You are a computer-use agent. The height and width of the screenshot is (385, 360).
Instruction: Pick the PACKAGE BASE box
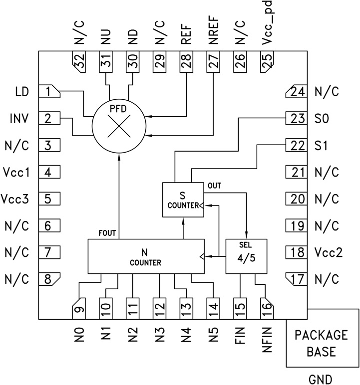322,343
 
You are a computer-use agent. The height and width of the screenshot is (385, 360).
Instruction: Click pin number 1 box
49,92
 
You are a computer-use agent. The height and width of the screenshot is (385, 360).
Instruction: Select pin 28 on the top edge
186,63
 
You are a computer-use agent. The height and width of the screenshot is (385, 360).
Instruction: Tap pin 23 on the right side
297,119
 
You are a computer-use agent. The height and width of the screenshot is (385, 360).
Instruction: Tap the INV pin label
18,119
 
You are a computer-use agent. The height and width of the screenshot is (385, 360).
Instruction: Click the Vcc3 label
15,199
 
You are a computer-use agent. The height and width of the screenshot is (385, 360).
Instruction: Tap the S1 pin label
322,146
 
